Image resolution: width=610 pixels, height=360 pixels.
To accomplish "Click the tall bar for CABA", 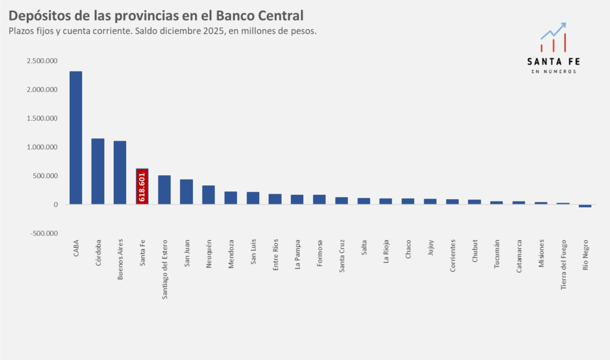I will click(x=76, y=138).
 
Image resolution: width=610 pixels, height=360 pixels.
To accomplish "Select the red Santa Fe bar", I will click(x=142, y=186).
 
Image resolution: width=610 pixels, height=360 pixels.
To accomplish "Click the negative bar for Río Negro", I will click(x=585, y=206).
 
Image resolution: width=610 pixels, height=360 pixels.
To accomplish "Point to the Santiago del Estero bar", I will click(x=164, y=190).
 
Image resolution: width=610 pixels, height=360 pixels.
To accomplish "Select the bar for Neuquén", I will click(x=208, y=195).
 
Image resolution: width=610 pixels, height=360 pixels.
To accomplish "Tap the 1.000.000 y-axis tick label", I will click(x=42, y=147).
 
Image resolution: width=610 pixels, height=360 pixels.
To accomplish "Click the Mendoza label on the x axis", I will click(x=231, y=255).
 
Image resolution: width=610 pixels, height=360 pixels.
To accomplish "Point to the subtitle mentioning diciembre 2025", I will click(x=162, y=31).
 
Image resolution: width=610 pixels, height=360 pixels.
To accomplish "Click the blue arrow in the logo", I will click(x=554, y=30).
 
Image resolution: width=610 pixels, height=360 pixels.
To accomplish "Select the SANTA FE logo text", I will click(x=553, y=61).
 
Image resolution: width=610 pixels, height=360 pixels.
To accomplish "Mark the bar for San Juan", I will click(x=186, y=192).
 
